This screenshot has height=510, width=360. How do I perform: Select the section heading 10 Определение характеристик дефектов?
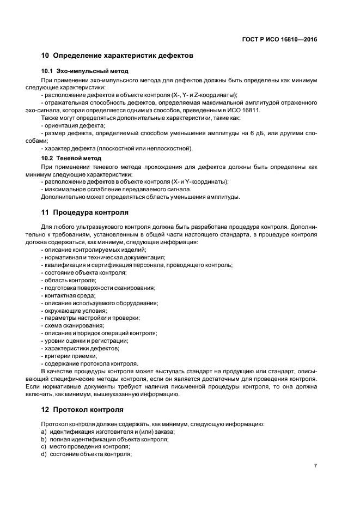click(117, 56)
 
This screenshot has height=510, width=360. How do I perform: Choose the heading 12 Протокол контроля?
click(82, 409)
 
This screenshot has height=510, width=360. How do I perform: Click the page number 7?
click(315, 465)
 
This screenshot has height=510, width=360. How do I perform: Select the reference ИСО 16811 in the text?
click(245, 110)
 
